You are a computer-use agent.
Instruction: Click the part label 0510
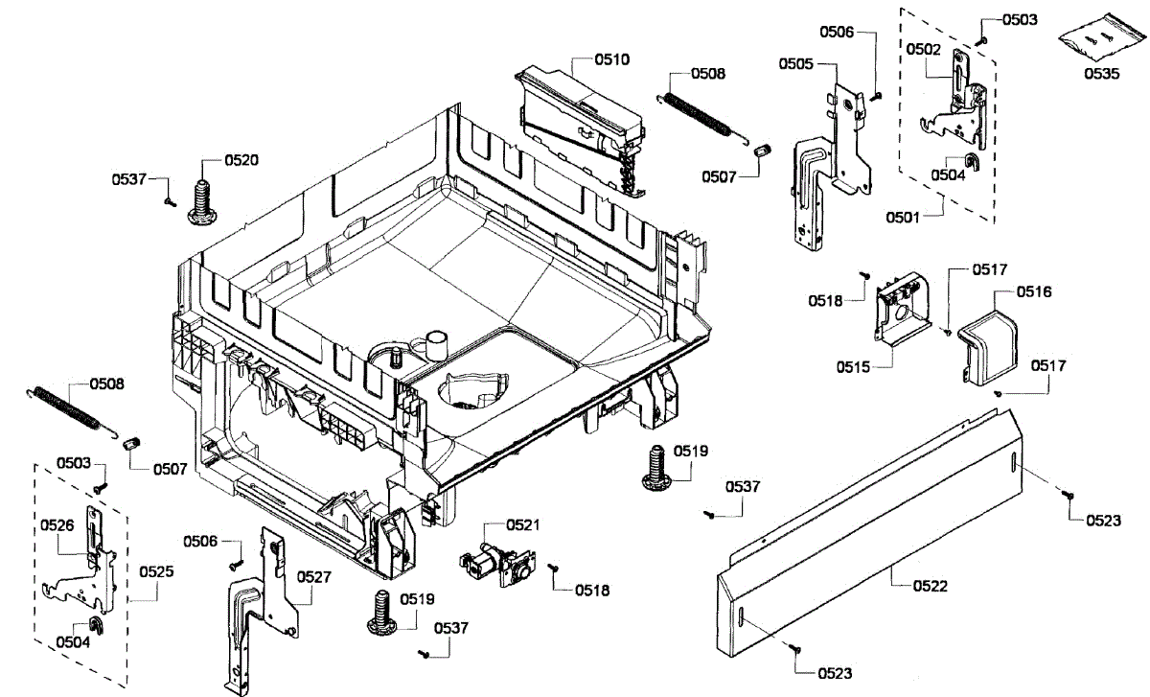(x=611, y=59)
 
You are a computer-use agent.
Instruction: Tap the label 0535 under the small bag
(x=1101, y=73)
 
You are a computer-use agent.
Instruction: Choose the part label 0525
(x=156, y=571)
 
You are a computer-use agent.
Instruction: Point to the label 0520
(x=241, y=160)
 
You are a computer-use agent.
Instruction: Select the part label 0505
(x=796, y=63)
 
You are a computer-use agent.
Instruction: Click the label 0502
(x=924, y=47)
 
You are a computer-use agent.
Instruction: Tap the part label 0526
(x=57, y=524)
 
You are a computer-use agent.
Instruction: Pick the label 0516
(x=1034, y=291)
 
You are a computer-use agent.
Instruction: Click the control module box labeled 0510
(x=579, y=125)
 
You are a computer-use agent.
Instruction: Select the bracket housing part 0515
(x=901, y=304)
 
